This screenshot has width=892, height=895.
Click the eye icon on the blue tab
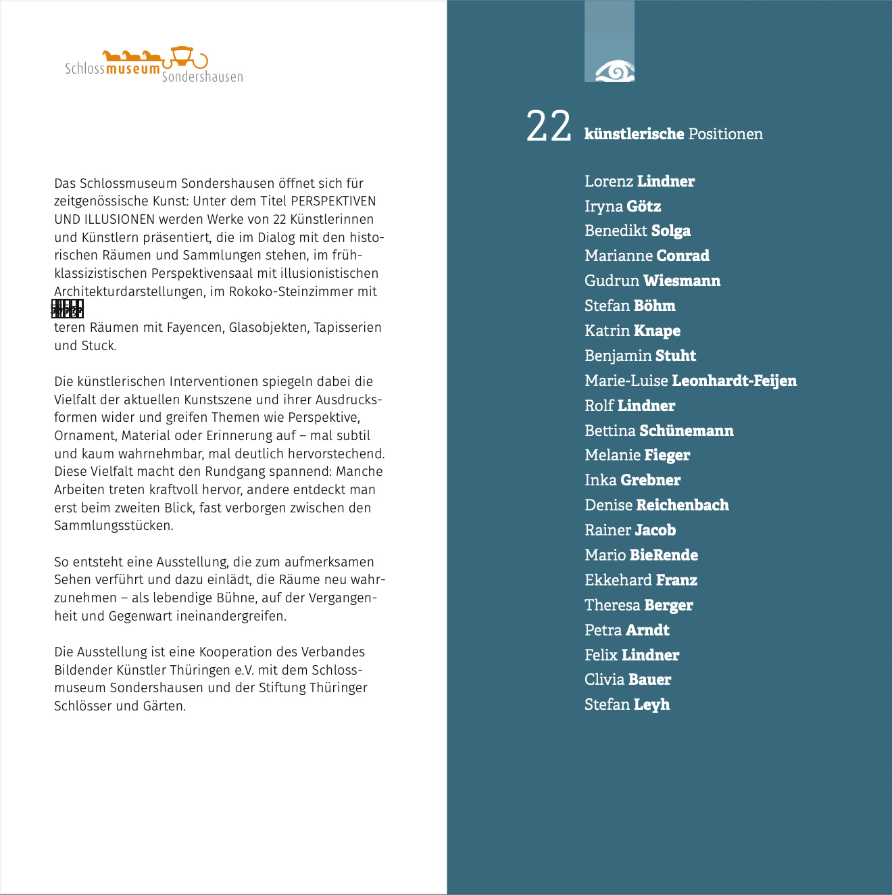(x=614, y=70)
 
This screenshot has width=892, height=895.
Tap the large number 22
(x=549, y=127)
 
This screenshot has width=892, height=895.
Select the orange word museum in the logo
(x=133, y=69)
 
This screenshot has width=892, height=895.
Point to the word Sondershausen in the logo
(x=202, y=77)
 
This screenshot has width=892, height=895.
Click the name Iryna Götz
(x=622, y=206)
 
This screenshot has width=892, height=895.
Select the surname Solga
(x=670, y=231)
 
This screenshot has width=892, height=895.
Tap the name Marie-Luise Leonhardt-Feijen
(x=690, y=381)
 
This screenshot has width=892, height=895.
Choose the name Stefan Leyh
(x=626, y=704)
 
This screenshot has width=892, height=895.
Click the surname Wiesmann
(x=681, y=281)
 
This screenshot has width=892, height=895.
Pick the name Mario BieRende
(x=641, y=555)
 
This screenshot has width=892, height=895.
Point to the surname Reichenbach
(x=683, y=505)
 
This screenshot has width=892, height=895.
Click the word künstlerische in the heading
(x=634, y=134)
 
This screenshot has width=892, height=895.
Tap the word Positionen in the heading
(x=725, y=134)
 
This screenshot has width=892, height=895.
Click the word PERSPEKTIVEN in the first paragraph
(x=333, y=201)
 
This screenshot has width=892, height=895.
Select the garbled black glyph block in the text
(x=68, y=309)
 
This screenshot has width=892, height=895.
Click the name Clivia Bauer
(x=627, y=679)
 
